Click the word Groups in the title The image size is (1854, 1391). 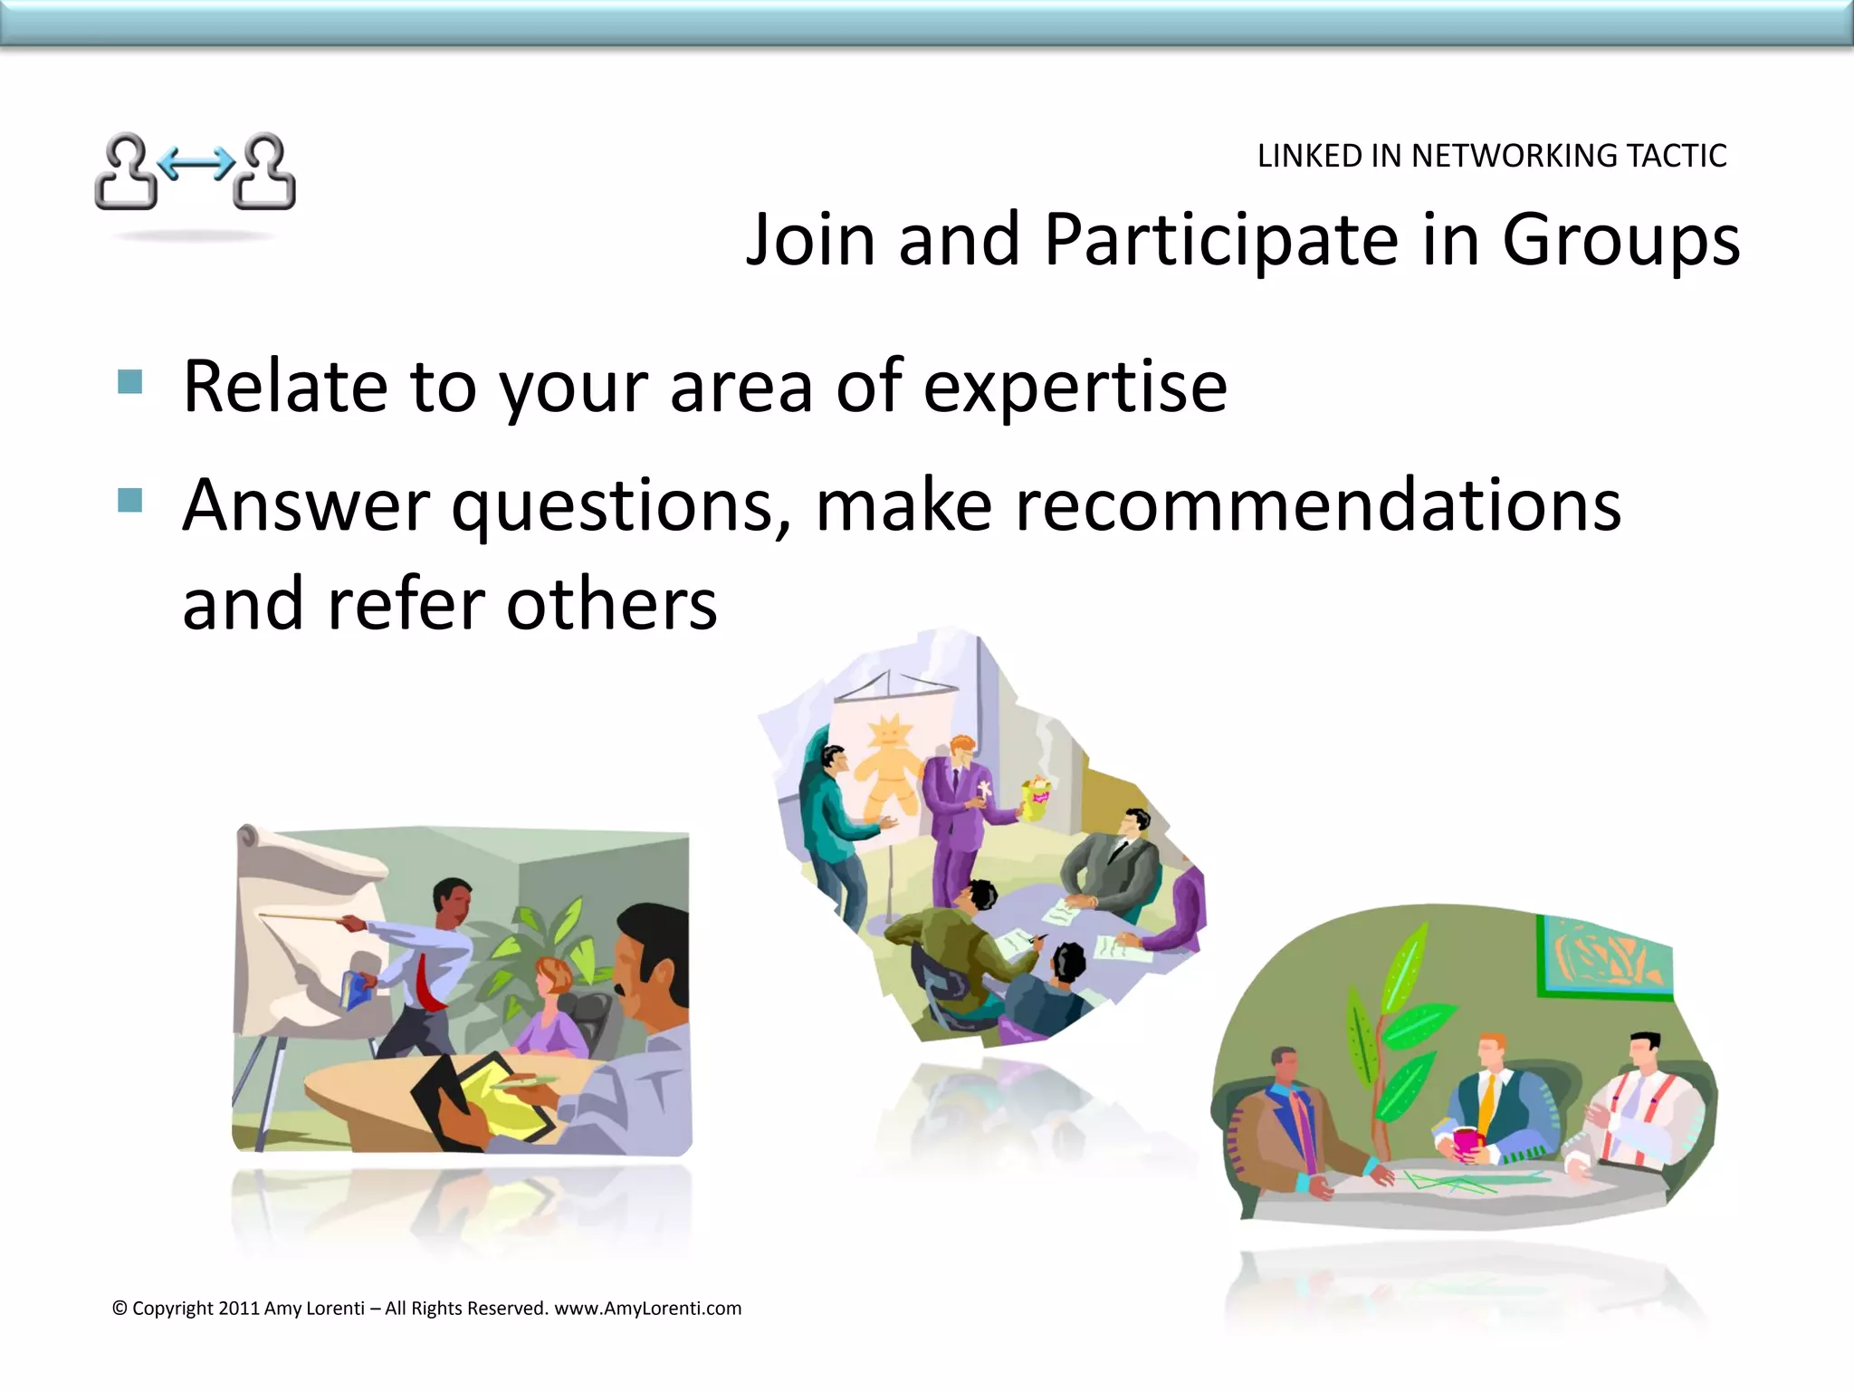1620,240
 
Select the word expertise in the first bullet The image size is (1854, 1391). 1075,387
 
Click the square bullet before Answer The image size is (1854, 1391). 130,500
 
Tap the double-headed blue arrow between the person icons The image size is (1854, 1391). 196,164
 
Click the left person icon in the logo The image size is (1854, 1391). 127,172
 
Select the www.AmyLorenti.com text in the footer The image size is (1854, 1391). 647,1308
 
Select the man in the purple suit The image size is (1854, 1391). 957,815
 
